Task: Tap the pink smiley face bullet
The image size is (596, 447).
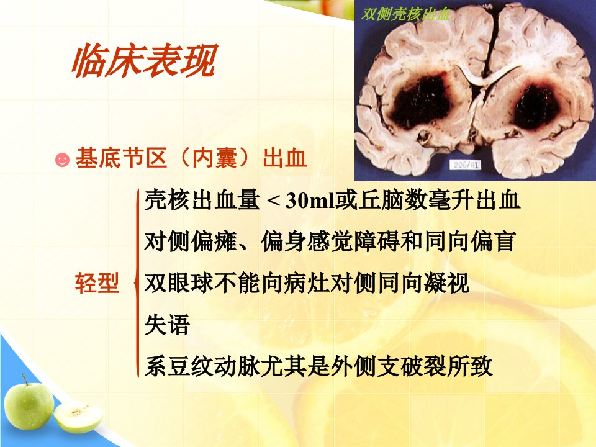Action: click(62, 160)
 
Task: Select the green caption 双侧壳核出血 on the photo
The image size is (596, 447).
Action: click(405, 14)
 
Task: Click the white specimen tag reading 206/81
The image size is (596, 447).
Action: click(465, 165)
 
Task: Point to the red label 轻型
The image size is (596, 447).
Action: click(97, 283)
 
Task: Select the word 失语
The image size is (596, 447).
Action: click(167, 325)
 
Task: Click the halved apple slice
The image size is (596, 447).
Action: click(79, 417)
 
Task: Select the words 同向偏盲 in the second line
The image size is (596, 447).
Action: click(470, 242)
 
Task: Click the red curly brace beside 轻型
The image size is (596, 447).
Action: click(137, 283)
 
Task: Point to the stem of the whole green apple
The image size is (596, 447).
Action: click(25, 379)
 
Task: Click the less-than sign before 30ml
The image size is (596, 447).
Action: click(274, 201)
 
